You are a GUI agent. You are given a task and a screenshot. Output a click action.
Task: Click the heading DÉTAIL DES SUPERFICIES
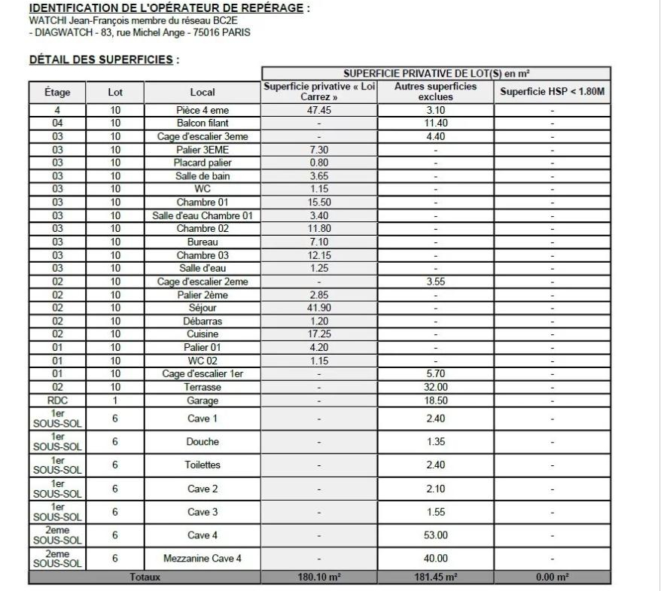coord(103,59)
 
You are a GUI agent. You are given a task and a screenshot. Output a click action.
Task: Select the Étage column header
coord(57,93)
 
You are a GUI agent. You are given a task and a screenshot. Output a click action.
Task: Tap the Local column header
coord(202,93)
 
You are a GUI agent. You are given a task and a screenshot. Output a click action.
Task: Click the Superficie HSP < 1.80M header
coord(552,93)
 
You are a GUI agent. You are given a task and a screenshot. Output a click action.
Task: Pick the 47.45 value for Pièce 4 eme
coord(318,110)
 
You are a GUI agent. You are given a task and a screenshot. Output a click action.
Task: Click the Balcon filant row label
coord(202,123)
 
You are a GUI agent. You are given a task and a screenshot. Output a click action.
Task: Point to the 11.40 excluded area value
coord(436,123)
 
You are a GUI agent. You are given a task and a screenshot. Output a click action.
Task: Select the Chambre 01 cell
coord(202,203)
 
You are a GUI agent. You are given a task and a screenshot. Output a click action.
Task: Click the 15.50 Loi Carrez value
coord(318,203)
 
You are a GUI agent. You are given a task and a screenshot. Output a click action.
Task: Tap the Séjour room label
coord(202,308)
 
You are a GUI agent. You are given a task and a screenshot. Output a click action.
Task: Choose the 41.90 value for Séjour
coord(318,308)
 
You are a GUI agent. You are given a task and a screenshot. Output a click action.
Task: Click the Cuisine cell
coord(202,334)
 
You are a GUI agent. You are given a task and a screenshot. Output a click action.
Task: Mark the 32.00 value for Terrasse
coord(436,387)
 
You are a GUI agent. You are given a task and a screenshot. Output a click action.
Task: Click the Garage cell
coord(202,401)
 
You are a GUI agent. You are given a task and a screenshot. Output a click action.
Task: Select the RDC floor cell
coord(57,401)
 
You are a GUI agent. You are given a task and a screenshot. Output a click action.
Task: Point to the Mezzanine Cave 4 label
coord(202,559)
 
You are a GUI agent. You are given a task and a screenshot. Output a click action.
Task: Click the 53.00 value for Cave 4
coord(436,535)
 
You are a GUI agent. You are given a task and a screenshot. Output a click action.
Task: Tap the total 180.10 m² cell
coord(318,577)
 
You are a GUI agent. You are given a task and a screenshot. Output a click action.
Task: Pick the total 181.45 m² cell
coord(436,577)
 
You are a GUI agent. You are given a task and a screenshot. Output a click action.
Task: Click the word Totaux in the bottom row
coord(145,577)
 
